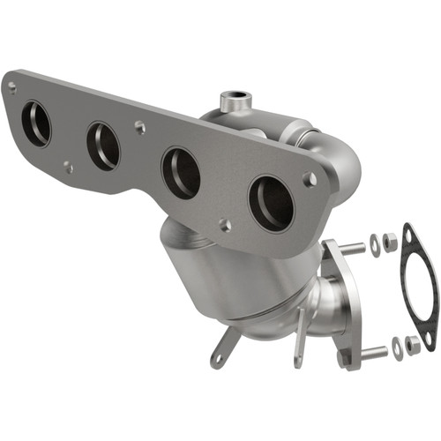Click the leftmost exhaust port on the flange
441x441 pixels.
[36, 123]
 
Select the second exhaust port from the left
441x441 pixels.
[103, 146]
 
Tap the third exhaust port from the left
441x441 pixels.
[181, 173]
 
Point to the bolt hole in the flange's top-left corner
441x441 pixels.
[11, 86]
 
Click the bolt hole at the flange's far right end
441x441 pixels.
[310, 179]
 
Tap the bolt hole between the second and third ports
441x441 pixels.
[140, 127]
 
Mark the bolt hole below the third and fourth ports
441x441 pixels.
[226, 225]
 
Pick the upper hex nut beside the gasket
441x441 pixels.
[390, 239]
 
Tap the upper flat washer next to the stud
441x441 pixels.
[374, 246]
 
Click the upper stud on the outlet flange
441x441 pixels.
[350, 248]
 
